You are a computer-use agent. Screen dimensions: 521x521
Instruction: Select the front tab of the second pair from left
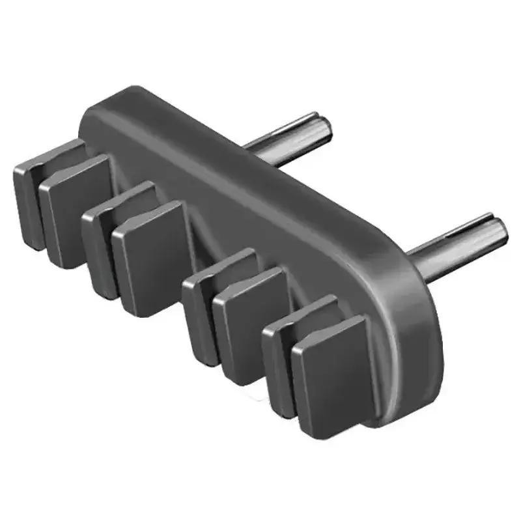click(148, 257)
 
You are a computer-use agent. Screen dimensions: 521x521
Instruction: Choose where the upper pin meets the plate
click(251, 148)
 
